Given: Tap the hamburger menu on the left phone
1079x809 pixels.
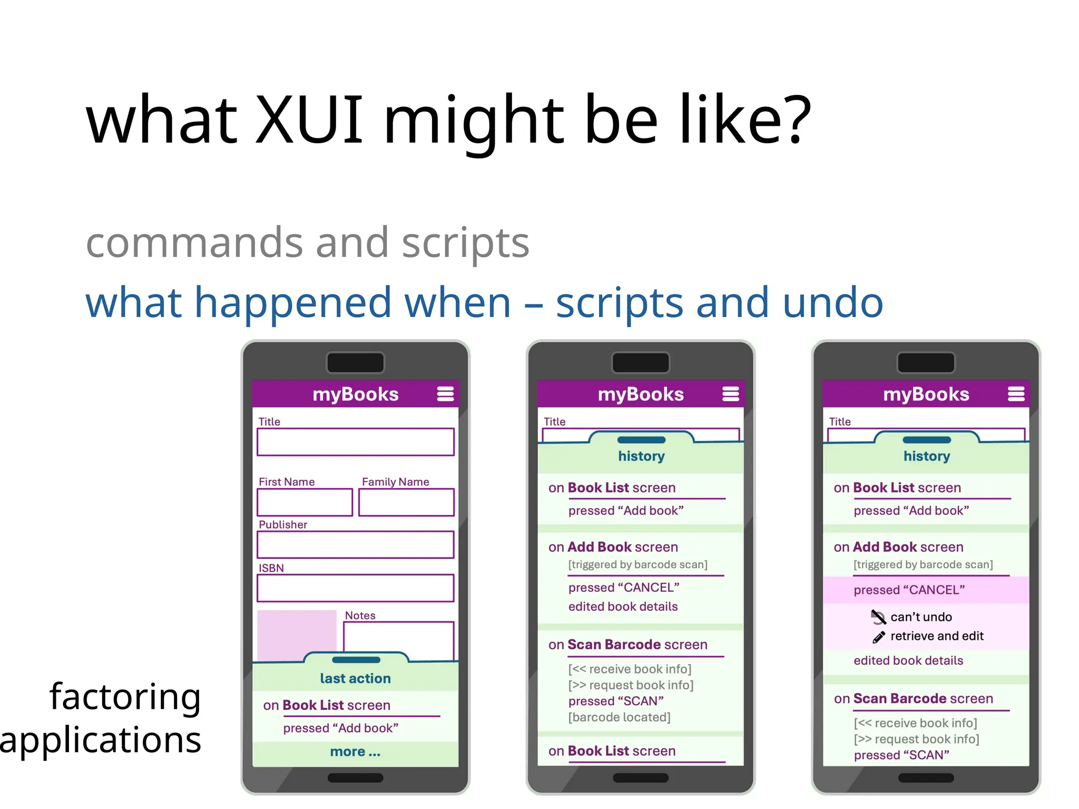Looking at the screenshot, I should tap(445, 394).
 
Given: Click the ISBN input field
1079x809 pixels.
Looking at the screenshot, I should tap(355, 588).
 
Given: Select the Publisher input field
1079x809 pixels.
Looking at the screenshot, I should tap(355, 545).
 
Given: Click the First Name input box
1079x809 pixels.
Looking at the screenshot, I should tap(305, 502).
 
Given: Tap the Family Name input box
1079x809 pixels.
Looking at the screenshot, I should tap(406, 502).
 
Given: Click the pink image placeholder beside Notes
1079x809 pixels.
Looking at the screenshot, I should tap(297, 634).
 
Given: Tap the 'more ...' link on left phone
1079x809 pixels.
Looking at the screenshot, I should tap(355, 752).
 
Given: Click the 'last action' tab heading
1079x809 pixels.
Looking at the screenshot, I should tap(355, 678).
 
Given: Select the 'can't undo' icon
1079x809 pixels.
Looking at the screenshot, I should tap(878, 617).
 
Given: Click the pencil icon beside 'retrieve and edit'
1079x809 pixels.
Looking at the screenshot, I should tap(878, 637).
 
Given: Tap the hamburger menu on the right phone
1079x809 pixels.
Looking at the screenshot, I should tap(1016, 394).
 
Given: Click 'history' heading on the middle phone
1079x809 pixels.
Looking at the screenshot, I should tap(641, 456).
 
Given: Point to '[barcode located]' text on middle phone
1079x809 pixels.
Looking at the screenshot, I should tap(619, 717).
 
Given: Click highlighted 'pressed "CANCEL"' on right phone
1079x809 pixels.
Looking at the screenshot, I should tap(909, 590).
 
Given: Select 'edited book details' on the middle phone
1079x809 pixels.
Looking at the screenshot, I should tap(623, 607).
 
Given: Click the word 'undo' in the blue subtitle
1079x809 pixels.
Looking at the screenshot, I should tap(832, 303).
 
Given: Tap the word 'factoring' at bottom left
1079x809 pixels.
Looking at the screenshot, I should tap(125, 697).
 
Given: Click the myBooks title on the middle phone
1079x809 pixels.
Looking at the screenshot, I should tap(641, 394).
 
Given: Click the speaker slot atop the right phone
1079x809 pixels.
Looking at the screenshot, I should tap(926, 363).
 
